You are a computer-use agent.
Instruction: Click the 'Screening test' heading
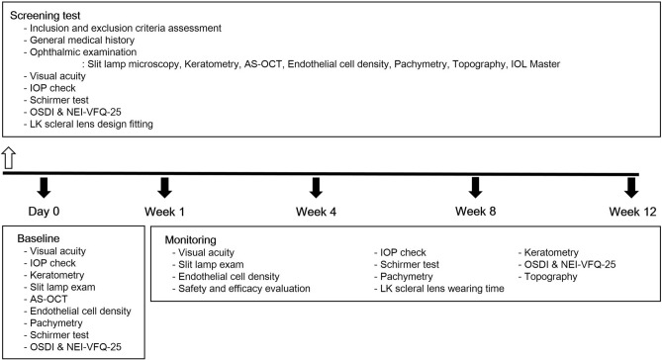pyautogui.click(x=47, y=16)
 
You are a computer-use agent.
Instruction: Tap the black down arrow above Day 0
pyautogui.click(x=43, y=187)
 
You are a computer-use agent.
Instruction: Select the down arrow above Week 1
pyautogui.click(x=164, y=187)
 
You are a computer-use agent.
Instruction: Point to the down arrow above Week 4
pyautogui.click(x=317, y=187)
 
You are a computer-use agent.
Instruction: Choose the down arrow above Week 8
pyautogui.click(x=475, y=187)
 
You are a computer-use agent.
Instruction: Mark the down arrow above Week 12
pyautogui.click(x=630, y=187)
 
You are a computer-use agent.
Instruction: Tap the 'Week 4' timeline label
pyautogui.click(x=319, y=213)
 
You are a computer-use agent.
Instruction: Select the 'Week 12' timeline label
pyautogui.click(x=630, y=213)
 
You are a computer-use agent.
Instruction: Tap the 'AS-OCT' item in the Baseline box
pyautogui.click(x=50, y=294)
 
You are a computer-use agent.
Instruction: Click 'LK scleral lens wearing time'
pyautogui.click(x=438, y=288)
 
